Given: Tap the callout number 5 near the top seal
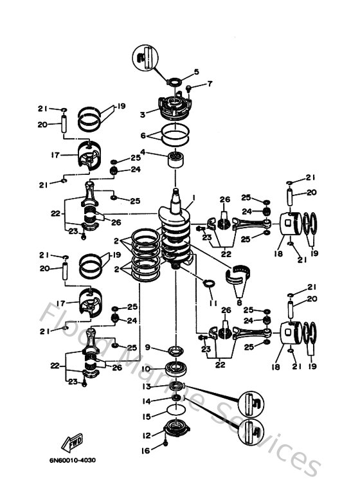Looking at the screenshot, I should (x=197, y=71).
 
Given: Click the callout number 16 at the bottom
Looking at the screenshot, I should (x=145, y=451).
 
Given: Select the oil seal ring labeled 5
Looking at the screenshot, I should (x=173, y=81).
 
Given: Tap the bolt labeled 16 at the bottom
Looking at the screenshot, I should (x=166, y=444).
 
